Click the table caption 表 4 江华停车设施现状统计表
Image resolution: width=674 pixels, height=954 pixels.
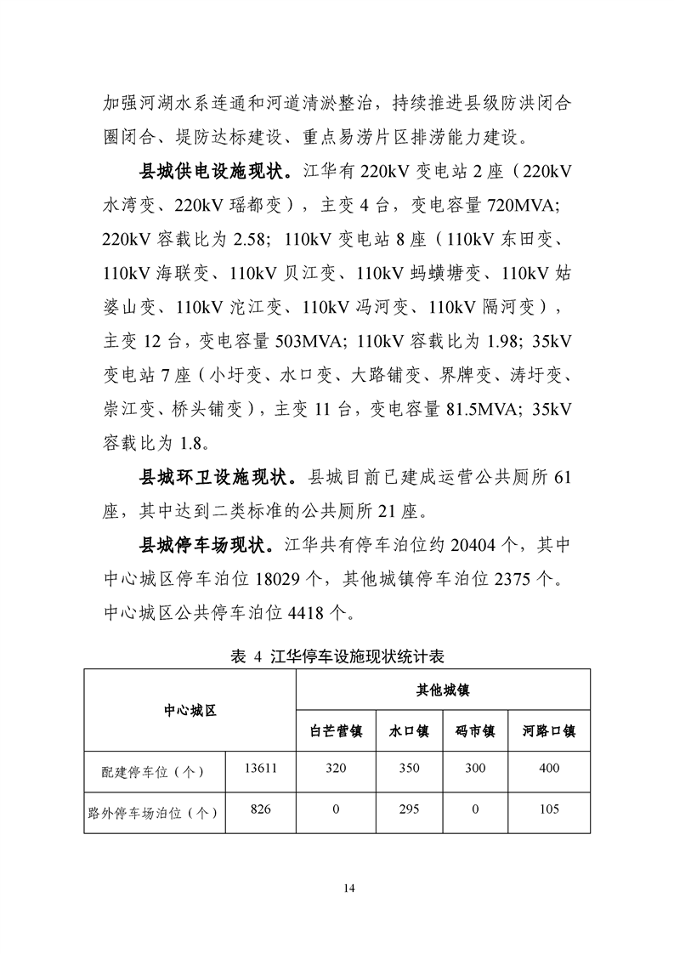tap(337, 656)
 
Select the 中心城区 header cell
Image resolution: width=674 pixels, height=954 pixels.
tap(190, 710)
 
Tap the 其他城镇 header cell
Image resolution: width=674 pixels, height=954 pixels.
tap(443, 690)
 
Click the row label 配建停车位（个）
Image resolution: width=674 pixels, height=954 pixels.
tap(155, 771)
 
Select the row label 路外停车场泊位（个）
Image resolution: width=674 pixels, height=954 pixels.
tap(155, 812)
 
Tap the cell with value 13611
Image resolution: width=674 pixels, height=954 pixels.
tap(260, 769)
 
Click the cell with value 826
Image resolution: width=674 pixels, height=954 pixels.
tap(260, 809)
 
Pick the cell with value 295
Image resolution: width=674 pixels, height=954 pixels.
tap(409, 809)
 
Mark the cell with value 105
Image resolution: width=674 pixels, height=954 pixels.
tap(549, 809)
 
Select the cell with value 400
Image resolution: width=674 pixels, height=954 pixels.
tap(549, 769)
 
